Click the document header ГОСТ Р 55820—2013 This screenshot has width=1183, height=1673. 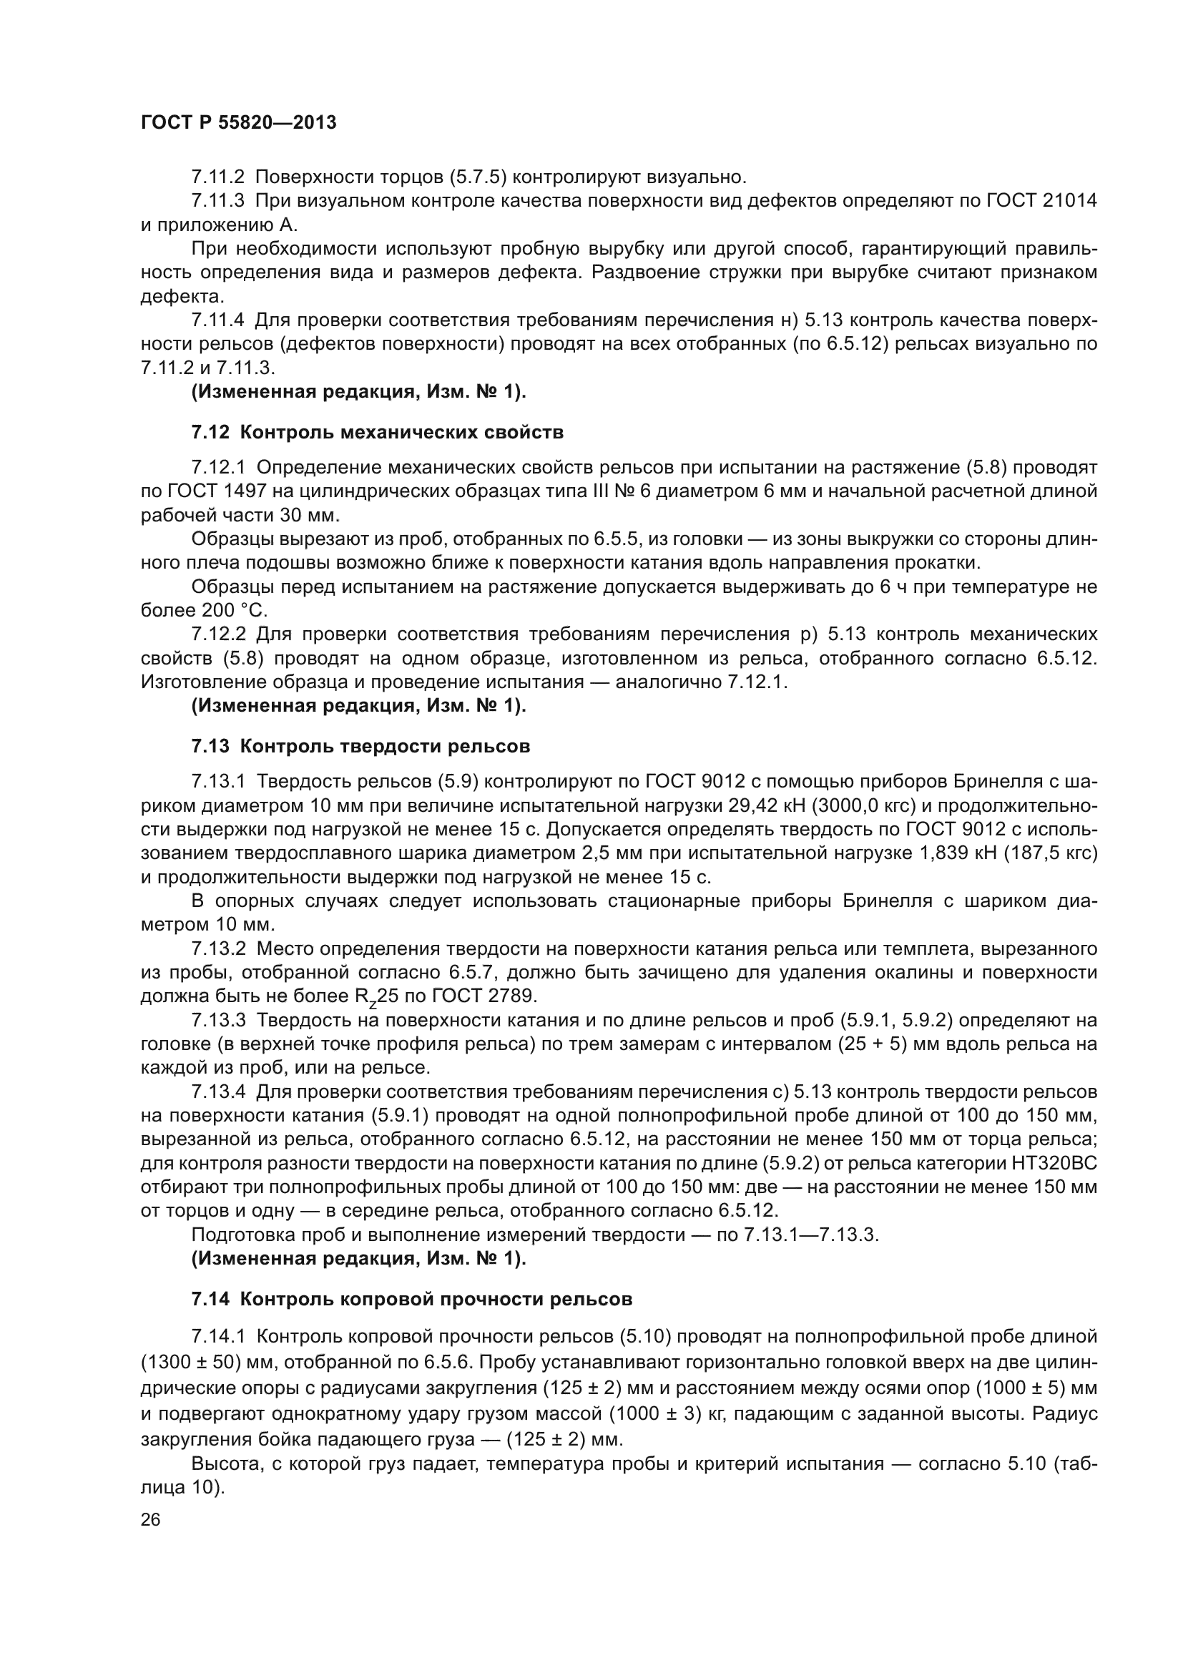(x=238, y=122)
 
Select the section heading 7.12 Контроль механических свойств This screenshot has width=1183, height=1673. (x=378, y=432)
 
